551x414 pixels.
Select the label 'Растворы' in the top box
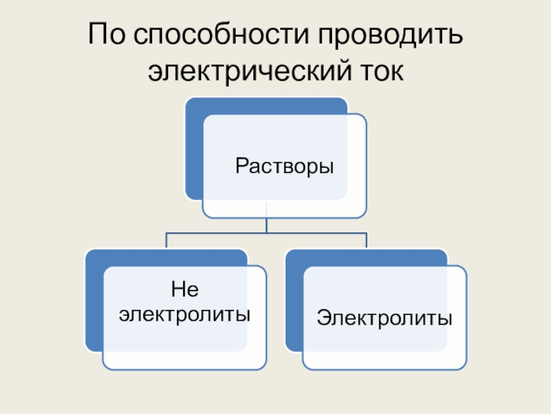[284, 166]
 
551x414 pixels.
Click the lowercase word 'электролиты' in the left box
[185, 315]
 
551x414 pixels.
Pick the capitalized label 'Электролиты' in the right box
[384, 318]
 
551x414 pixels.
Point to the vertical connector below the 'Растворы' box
[267, 224]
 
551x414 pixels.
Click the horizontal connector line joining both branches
[267, 233]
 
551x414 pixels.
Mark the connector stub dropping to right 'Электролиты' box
[366, 241]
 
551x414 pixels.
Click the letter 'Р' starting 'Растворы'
[241, 166]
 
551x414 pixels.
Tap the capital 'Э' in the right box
[323, 318]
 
